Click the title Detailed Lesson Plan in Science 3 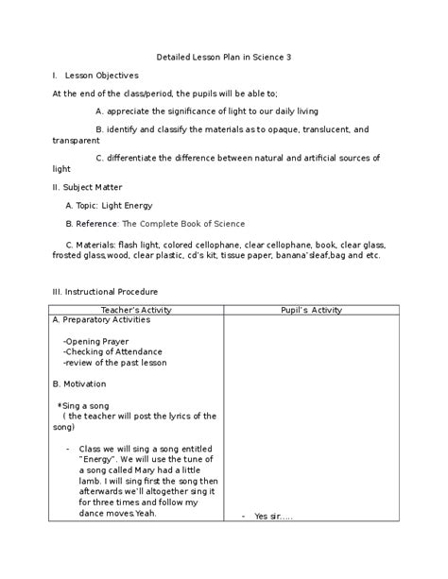pyautogui.click(x=223, y=57)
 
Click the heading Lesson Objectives pyautogui.click(x=102, y=75)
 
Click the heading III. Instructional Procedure pyautogui.click(x=105, y=292)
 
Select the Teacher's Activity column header pyautogui.click(x=137, y=310)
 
